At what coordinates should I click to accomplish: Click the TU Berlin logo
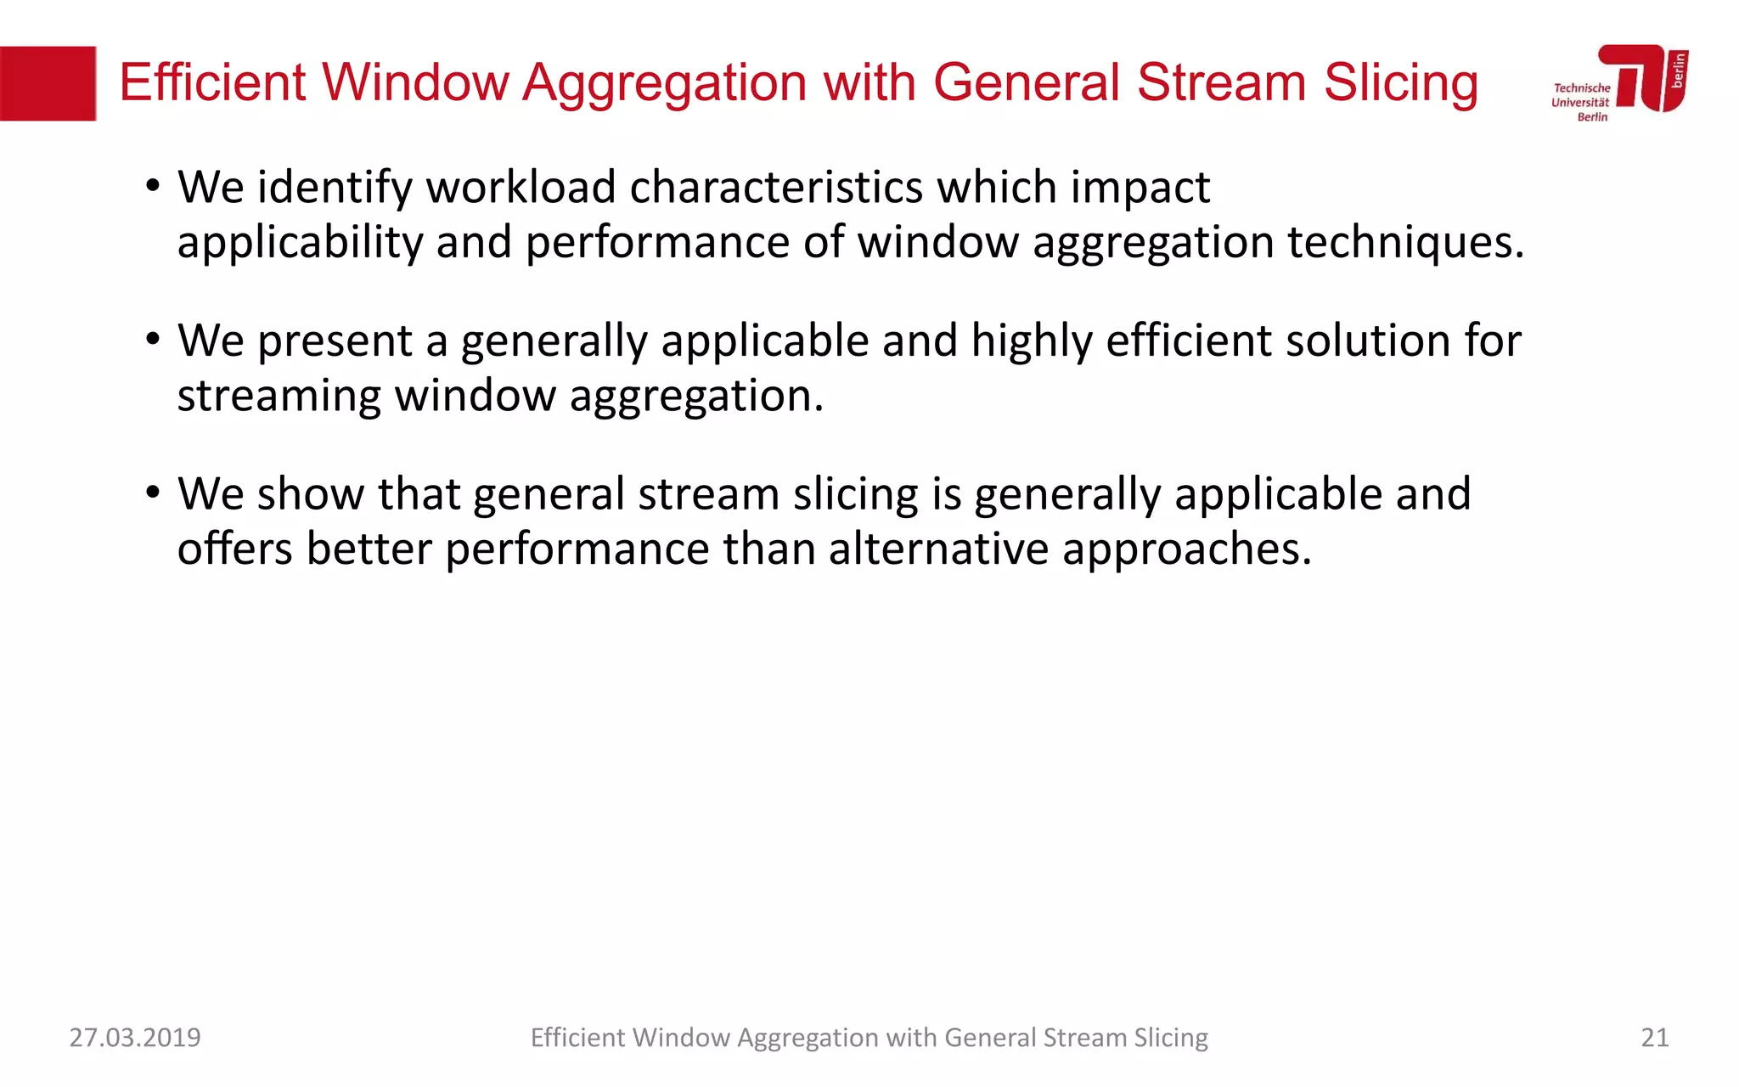click(x=1620, y=82)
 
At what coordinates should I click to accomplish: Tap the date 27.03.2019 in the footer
click(x=135, y=1038)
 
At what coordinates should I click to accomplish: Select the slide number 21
click(x=1654, y=1038)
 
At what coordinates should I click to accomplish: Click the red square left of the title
click(x=48, y=83)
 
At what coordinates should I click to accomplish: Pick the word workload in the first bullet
click(x=521, y=187)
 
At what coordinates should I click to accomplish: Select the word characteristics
click(x=776, y=187)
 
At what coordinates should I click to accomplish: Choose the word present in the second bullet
click(x=335, y=342)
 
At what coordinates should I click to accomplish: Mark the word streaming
click(x=279, y=397)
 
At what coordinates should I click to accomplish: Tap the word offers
click(x=235, y=549)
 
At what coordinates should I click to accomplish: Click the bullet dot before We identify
click(x=152, y=187)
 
